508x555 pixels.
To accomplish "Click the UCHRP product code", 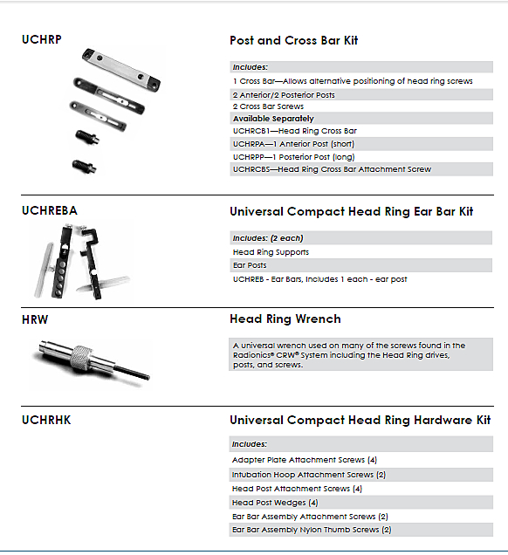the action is click(41, 39).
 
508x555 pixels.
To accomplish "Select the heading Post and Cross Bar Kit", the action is click(294, 40).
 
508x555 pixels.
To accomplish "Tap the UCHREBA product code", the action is click(50, 210).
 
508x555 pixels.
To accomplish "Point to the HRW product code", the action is click(35, 319).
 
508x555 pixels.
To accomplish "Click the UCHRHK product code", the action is click(46, 420).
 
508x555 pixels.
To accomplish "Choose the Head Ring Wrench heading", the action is click(285, 319).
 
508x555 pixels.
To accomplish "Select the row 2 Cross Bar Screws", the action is click(268, 106).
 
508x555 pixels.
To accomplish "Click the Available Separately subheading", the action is click(273, 119).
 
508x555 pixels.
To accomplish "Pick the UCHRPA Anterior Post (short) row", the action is click(293, 144).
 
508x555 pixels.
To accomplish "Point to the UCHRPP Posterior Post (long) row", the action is click(294, 157).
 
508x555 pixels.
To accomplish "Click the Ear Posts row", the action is click(250, 265).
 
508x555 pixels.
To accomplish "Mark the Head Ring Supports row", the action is click(271, 252).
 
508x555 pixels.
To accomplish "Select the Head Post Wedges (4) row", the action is click(275, 503).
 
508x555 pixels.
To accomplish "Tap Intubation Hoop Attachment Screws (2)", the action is click(309, 475).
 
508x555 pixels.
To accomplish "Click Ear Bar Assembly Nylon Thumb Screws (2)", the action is click(312, 530).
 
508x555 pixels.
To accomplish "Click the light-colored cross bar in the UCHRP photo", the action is click(121, 70).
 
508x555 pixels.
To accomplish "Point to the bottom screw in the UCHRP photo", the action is click(84, 166).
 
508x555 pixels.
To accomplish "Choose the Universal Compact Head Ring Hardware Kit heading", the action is click(360, 420).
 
